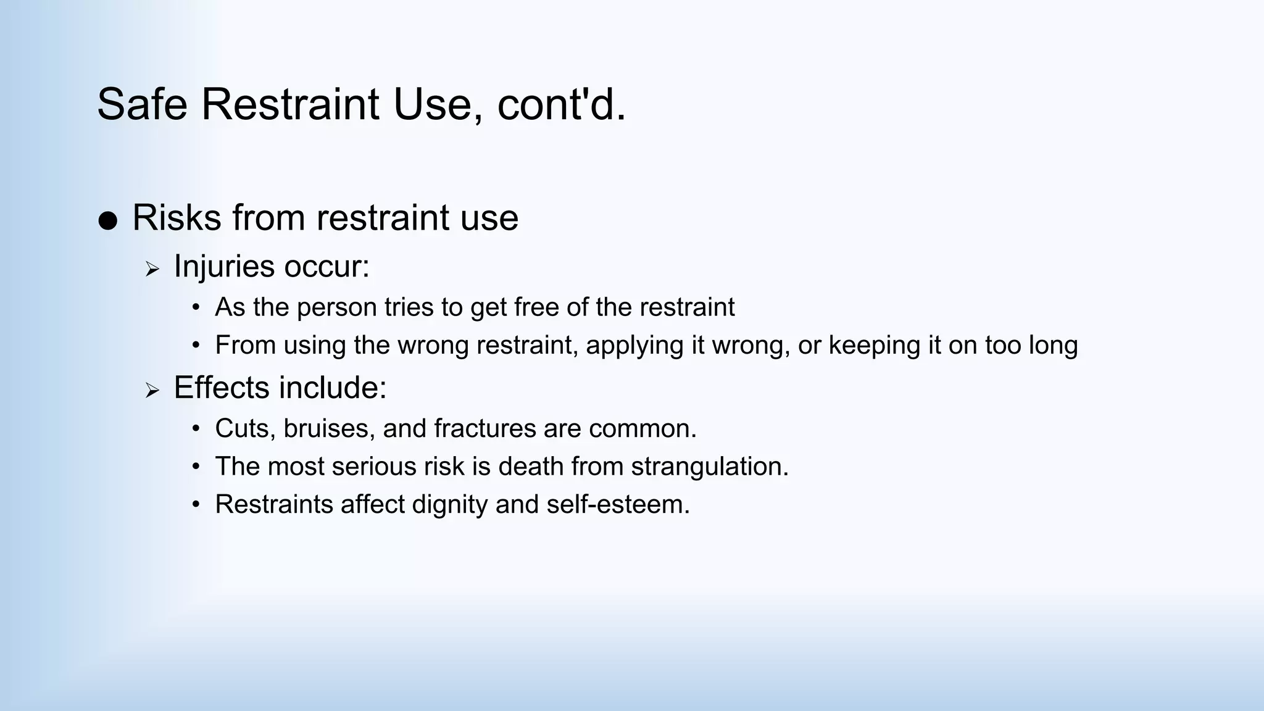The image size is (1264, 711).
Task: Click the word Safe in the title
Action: pyautogui.click(x=142, y=104)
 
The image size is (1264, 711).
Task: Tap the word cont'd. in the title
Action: pyautogui.click(x=562, y=104)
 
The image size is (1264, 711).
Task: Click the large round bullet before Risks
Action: pyautogui.click(x=107, y=221)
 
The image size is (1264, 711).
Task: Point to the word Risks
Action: pyautogui.click(x=177, y=218)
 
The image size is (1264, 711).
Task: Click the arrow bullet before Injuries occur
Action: pyautogui.click(x=152, y=269)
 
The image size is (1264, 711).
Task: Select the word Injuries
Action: pyautogui.click(x=224, y=267)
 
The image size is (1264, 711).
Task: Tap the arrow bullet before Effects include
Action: pyautogui.click(x=152, y=390)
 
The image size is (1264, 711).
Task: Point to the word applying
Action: pyautogui.click(x=634, y=345)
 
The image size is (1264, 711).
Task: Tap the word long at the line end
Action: pyautogui.click(x=1053, y=345)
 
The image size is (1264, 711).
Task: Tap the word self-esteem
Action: pyautogui.click(x=618, y=504)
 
